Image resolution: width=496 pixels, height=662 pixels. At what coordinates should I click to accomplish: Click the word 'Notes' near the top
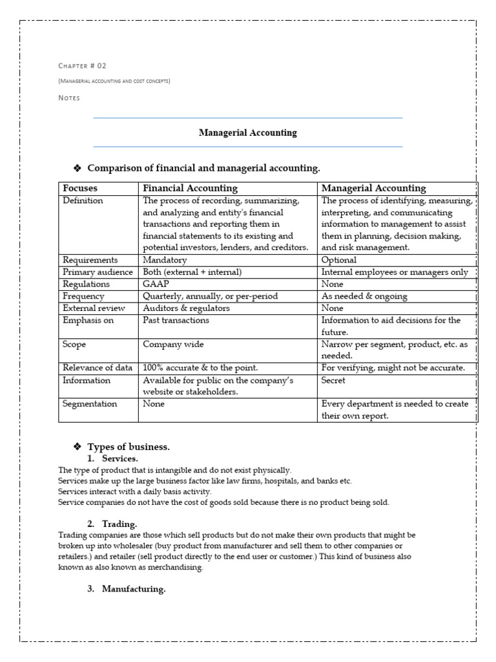69,98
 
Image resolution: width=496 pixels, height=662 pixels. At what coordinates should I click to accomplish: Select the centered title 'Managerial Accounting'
248,133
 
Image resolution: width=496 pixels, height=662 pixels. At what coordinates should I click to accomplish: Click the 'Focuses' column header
80,188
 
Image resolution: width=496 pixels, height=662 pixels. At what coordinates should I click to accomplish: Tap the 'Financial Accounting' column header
190,188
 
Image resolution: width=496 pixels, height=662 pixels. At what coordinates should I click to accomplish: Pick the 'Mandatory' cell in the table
165,260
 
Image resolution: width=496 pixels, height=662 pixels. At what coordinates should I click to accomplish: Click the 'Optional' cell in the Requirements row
339,260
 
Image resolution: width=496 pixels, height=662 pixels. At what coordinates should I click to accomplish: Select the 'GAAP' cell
156,284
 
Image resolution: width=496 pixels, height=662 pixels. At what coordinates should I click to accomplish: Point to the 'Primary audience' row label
98,272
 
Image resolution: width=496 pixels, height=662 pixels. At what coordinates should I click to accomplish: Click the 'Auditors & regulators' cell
186,308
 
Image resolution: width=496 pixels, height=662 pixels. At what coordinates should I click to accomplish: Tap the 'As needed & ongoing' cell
365,296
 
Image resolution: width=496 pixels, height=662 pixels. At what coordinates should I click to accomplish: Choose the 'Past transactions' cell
176,320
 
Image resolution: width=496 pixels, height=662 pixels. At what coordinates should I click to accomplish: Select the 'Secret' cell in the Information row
334,381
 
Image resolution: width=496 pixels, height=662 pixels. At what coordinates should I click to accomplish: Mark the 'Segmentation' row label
90,404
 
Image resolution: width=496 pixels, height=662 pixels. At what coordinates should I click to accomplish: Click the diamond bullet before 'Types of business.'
77,447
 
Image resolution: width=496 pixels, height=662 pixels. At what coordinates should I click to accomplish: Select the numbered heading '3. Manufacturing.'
127,589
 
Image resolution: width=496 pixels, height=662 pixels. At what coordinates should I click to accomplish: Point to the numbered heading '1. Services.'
115,458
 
